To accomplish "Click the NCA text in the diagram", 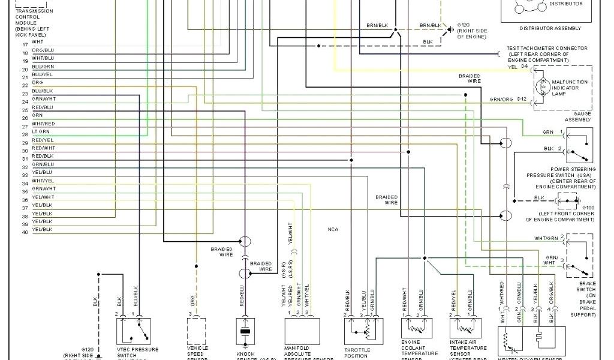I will pyautogui.click(x=333, y=229).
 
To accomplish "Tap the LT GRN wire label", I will pyautogui.click(x=41, y=131).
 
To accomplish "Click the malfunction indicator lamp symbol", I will pyautogui.click(x=544, y=86).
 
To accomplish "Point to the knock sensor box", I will pyautogui.click(x=245, y=331).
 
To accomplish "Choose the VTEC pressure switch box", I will pyautogui.click(x=133, y=331).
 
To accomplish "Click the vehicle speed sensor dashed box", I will pyautogui.click(x=197, y=331).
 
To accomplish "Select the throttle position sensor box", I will pyautogui.click(x=362, y=331).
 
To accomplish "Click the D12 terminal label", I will pyautogui.click(x=523, y=98).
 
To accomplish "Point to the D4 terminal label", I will pyautogui.click(x=524, y=67).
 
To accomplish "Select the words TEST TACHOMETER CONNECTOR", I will pyautogui.click(x=547, y=48).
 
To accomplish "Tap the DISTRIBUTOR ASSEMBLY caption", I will pyautogui.click(x=550, y=28).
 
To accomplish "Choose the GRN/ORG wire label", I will pyautogui.click(x=501, y=99).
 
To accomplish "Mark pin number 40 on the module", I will pyautogui.click(x=25, y=232).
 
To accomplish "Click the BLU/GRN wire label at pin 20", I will pyautogui.click(x=43, y=66).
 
